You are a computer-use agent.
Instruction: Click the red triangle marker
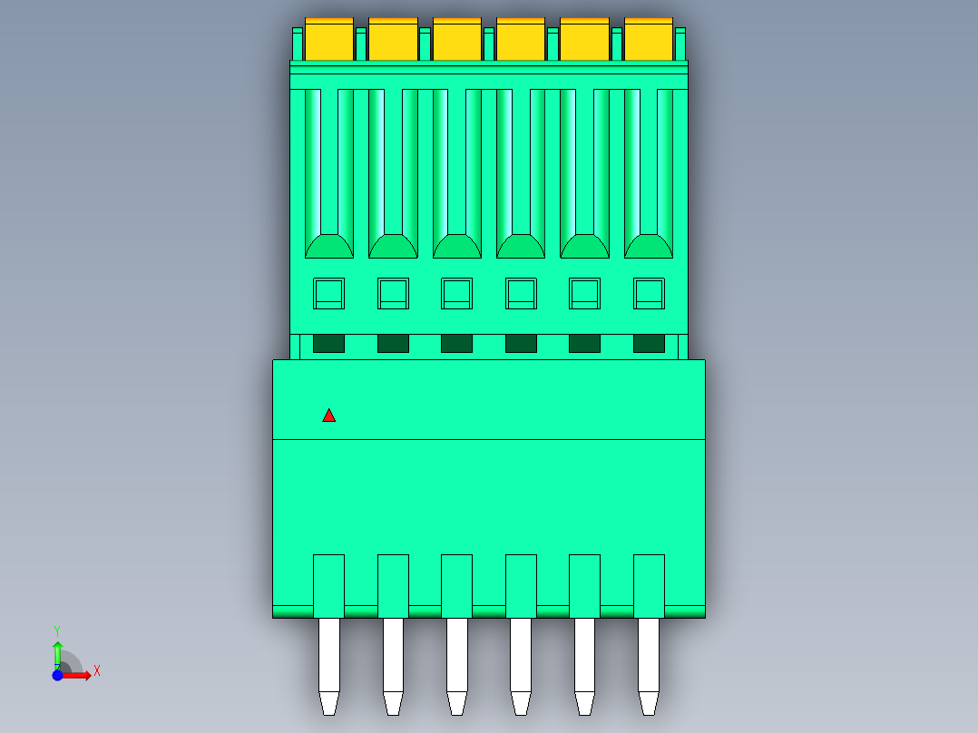coord(328,416)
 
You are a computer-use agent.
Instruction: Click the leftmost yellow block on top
coord(329,39)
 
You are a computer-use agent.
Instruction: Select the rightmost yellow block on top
coord(649,39)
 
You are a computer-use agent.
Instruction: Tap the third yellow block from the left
coord(457,39)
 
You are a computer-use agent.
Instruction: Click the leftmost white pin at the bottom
coord(329,666)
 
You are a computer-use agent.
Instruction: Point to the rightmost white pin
coord(649,666)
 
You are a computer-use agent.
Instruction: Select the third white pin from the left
coord(457,666)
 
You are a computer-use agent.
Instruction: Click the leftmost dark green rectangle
coord(328,343)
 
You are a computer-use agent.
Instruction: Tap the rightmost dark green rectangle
coord(649,343)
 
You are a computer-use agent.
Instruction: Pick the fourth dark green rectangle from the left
coord(521,343)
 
